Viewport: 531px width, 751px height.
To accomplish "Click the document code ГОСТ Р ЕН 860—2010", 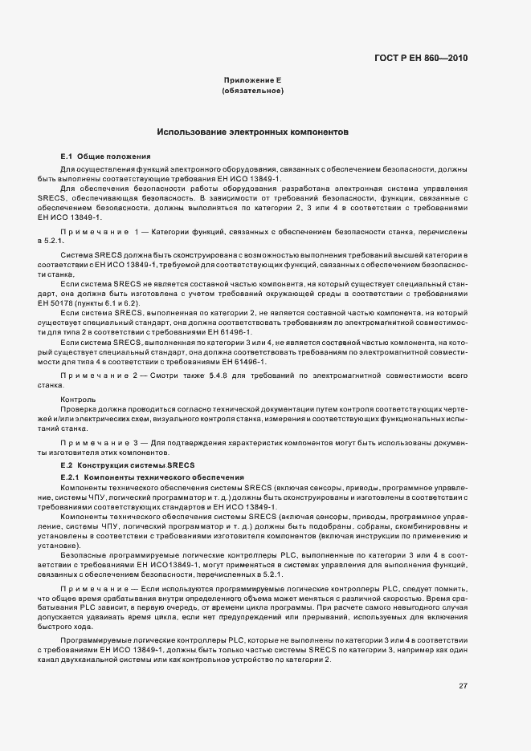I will click(x=422, y=58).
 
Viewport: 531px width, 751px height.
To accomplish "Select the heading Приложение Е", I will click(x=252, y=80).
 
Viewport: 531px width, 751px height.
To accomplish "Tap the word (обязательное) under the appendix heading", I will click(x=252, y=91).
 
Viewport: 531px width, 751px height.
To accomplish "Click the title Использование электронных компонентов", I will click(x=252, y=132).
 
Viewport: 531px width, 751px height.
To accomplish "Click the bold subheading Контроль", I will click(x=78, y=399).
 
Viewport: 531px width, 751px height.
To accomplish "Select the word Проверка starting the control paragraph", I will click(x=78, y=409).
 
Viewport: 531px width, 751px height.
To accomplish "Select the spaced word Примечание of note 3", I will click(x=95, y=442).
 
